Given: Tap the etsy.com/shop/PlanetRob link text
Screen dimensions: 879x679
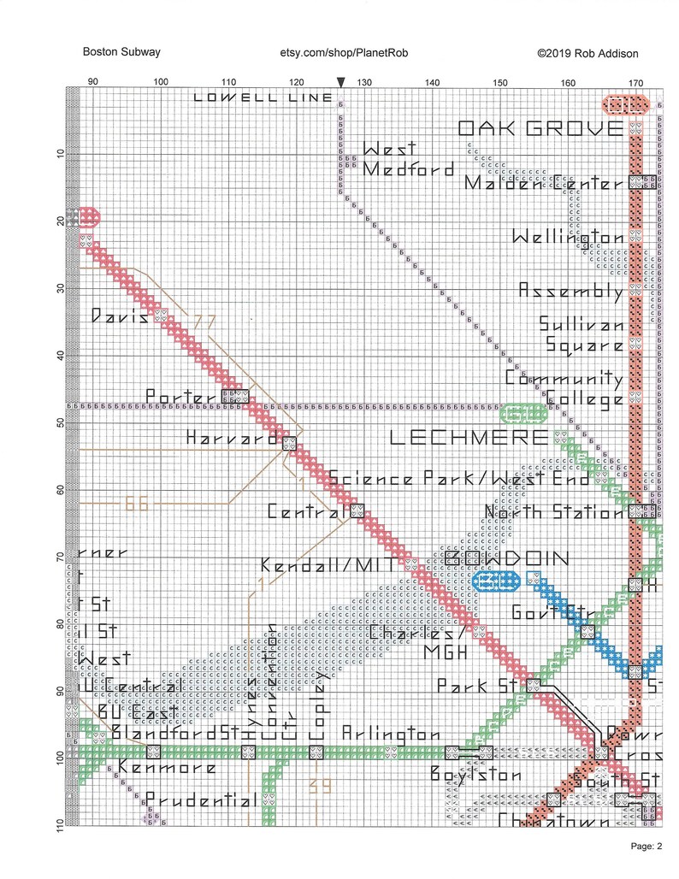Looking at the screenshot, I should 345,53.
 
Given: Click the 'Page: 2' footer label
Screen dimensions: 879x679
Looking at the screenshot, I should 647,847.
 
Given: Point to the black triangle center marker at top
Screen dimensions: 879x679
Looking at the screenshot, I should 341,82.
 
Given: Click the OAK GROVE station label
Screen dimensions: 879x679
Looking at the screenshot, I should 540,129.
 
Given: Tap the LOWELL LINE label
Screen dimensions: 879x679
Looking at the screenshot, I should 263,97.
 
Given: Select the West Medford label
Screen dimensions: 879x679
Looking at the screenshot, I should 407,160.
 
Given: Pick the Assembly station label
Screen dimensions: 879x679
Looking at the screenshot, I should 571,292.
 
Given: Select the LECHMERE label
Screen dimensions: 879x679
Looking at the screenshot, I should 469,438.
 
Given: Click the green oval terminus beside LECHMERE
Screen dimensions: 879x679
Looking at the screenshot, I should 523,414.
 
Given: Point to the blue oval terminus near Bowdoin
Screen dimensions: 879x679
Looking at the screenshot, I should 497,581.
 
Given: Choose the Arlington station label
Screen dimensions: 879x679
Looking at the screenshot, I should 391,734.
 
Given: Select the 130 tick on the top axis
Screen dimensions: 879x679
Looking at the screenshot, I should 364,82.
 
